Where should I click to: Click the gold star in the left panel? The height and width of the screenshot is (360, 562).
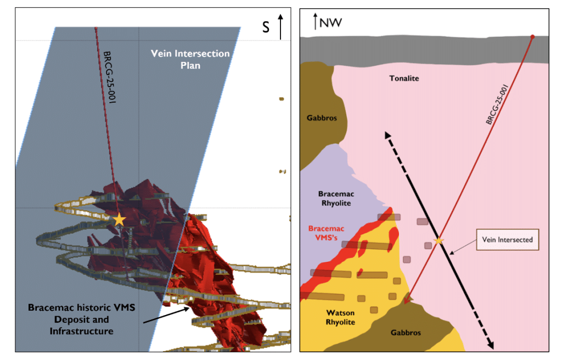(x=119, y=220)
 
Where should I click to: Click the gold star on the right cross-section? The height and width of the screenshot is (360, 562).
(x=438, y=240)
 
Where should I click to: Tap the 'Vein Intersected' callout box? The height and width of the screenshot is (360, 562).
(x=507, y=239)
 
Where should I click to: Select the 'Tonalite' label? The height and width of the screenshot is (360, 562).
(x=404, y=78)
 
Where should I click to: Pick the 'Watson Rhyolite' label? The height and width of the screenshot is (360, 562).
(x=340, y=317)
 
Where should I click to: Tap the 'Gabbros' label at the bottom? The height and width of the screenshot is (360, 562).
(x=406, y=333)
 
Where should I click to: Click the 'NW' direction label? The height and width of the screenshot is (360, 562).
(x=331, y=23)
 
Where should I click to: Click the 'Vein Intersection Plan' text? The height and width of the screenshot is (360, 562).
(x=190, y=59)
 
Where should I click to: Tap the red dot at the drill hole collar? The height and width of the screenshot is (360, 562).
(x=532, y=37)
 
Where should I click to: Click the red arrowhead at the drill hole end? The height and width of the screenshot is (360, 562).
(x=407, y=299)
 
